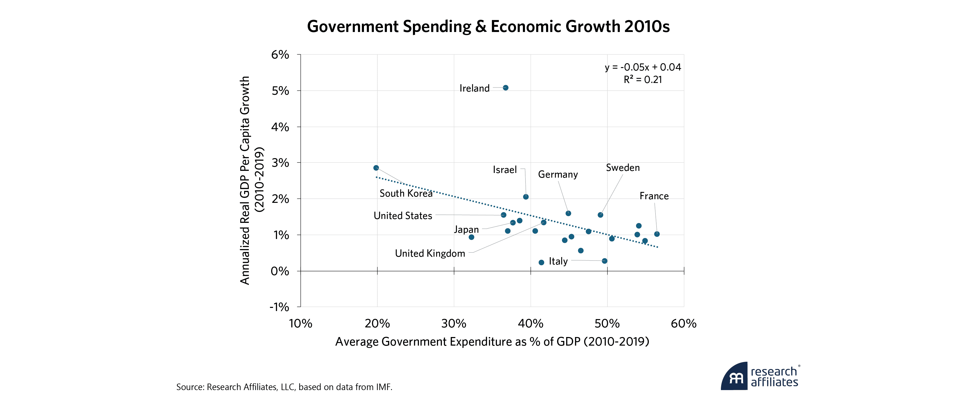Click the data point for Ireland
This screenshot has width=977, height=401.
pos(506,88)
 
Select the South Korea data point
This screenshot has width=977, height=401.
pos(376,168)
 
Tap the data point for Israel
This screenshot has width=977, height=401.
pos(526,197)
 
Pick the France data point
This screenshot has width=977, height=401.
pos(657,234)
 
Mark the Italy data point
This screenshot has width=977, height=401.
pos(604,261)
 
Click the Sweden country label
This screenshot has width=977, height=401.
pos(623,168)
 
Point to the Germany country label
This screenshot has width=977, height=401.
pos(558,174)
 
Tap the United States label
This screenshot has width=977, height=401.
pos(403,216)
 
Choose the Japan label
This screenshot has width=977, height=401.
pos(467,229)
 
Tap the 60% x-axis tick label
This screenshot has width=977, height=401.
pos(683,324)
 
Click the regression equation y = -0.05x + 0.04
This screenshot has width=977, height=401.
pos(643,67)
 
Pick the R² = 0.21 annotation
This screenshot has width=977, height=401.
pos(643,80)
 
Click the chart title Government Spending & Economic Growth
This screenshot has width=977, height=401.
pos(488,27)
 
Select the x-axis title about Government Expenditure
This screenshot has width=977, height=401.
pos(492,341)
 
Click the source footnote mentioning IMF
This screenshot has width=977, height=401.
pos(284,387)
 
